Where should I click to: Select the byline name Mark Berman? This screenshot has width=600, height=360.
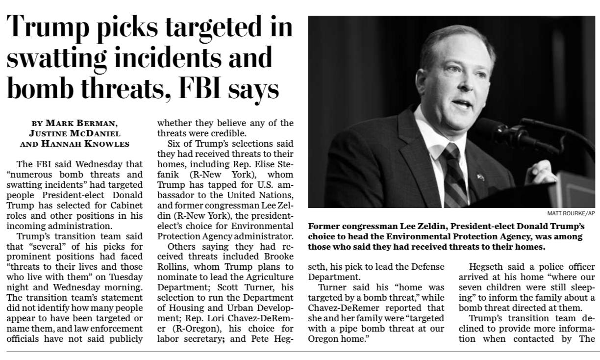coord(80,123)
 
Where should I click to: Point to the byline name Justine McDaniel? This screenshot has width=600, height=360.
coord(75,133)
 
